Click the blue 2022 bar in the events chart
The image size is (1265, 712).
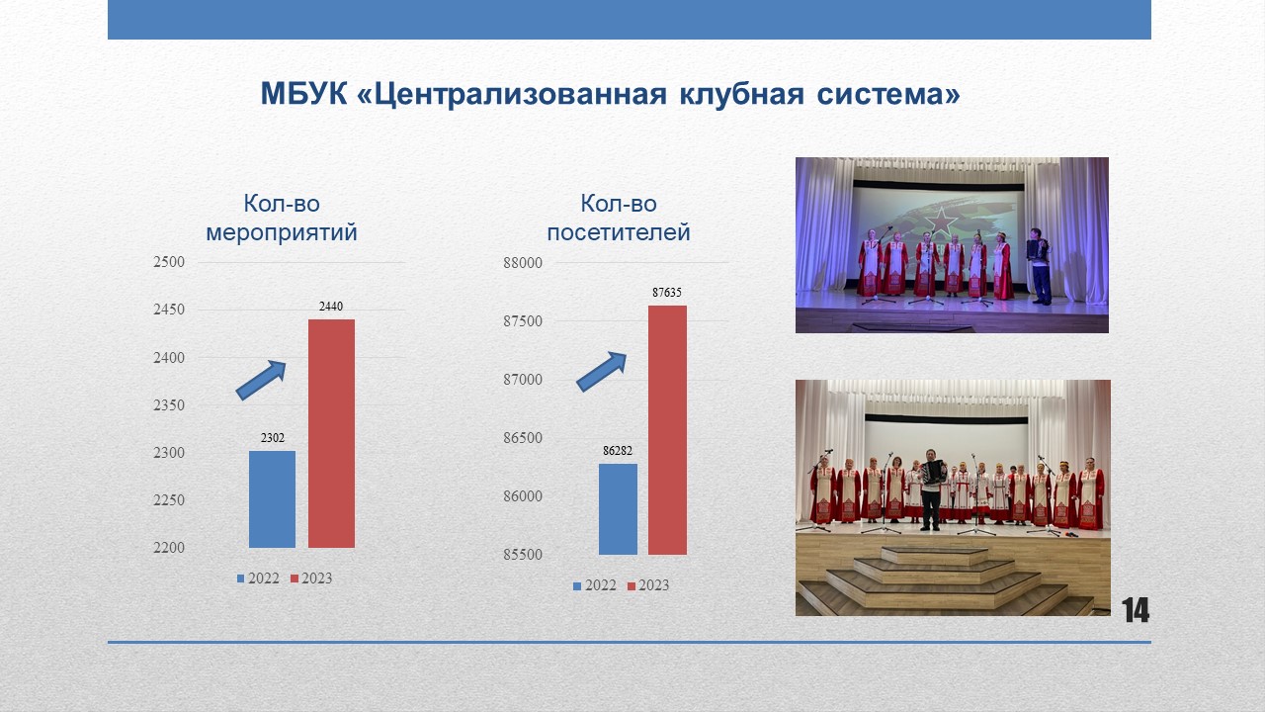coord(272,499)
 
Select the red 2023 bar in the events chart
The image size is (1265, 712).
coord(331,433)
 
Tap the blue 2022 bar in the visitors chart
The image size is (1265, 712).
coord(618,509)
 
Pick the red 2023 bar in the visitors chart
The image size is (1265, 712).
coord(667,430)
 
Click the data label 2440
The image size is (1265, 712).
coord(331,307)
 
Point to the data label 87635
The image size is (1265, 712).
coord(667,292)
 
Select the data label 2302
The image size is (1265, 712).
coord(272,438)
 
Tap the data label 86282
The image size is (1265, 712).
coord(618,450)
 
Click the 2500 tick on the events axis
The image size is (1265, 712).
coord(169,262)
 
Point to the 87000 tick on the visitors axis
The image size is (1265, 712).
coord(523,379)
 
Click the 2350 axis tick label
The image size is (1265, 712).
coord(169,404)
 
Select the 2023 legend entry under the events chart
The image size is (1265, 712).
coord(311,578)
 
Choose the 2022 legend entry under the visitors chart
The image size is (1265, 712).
coord(595,585)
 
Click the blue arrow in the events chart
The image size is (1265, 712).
coord(261,381)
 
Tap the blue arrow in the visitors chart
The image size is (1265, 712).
coord(602,372)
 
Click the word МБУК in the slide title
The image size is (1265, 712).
coord(303,94)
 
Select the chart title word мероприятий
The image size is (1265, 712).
coord(282,232)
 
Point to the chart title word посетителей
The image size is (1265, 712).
coord(619,232)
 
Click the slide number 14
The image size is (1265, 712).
coord(1136,610)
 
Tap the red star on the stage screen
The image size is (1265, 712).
coord(941,221)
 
